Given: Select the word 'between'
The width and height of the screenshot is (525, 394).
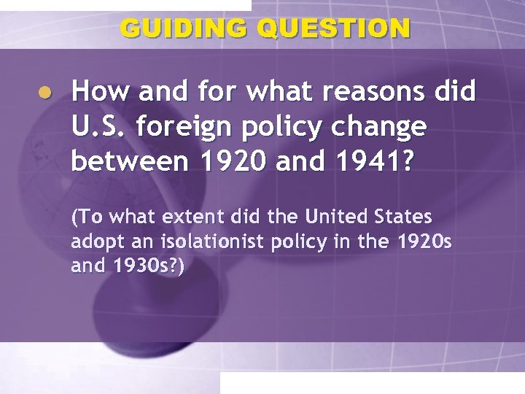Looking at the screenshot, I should (120, 163).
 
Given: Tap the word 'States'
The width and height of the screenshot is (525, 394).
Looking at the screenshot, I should (401, 217).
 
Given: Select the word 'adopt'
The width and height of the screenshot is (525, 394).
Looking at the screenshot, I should (92, 242).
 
